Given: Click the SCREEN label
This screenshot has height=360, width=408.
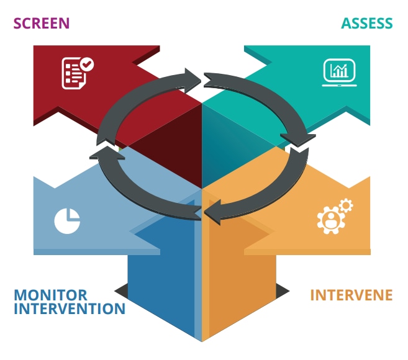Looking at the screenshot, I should [41, 24].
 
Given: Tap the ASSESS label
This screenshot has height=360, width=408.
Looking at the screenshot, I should [366, 24].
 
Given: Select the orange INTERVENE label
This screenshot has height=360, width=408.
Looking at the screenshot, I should [351, 295].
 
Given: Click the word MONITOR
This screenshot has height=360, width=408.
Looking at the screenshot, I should [50, 295].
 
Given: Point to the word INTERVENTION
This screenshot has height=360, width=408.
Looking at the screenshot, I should [69, 308].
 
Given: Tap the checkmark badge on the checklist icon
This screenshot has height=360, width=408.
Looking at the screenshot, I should [88, 63].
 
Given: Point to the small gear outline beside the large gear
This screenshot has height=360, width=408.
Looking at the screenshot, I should [346, 205].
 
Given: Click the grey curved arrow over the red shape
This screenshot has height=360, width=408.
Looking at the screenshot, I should [143, 93].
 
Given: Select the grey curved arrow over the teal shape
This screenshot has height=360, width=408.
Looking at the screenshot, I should [261, 93].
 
